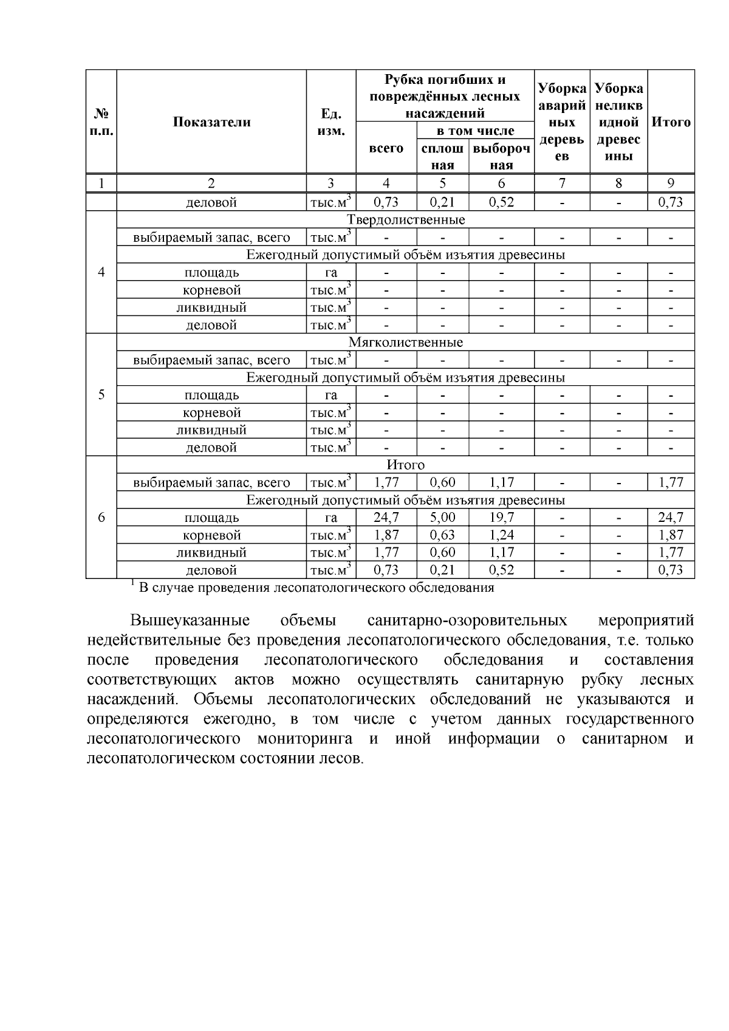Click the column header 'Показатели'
point(211,122)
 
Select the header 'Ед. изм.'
point(331,122)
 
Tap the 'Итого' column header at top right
point(671,122)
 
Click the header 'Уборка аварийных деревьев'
point(562,122)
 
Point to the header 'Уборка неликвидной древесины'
point(618,122)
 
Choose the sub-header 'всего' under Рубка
point(386,148)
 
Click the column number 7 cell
point(562,183)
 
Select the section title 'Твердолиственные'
point(405,219)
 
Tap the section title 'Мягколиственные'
point(405,342)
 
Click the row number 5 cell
point(101,395)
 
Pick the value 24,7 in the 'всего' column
point(386,518)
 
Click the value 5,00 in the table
point(442,518)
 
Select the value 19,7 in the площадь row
point(501,518)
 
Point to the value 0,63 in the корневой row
point(442,535)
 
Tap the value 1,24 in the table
point(501,535)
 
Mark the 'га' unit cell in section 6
point(331,518)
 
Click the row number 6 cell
point(101,518)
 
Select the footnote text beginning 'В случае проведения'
point(316,587)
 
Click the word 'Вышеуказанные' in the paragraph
point(190,620)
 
